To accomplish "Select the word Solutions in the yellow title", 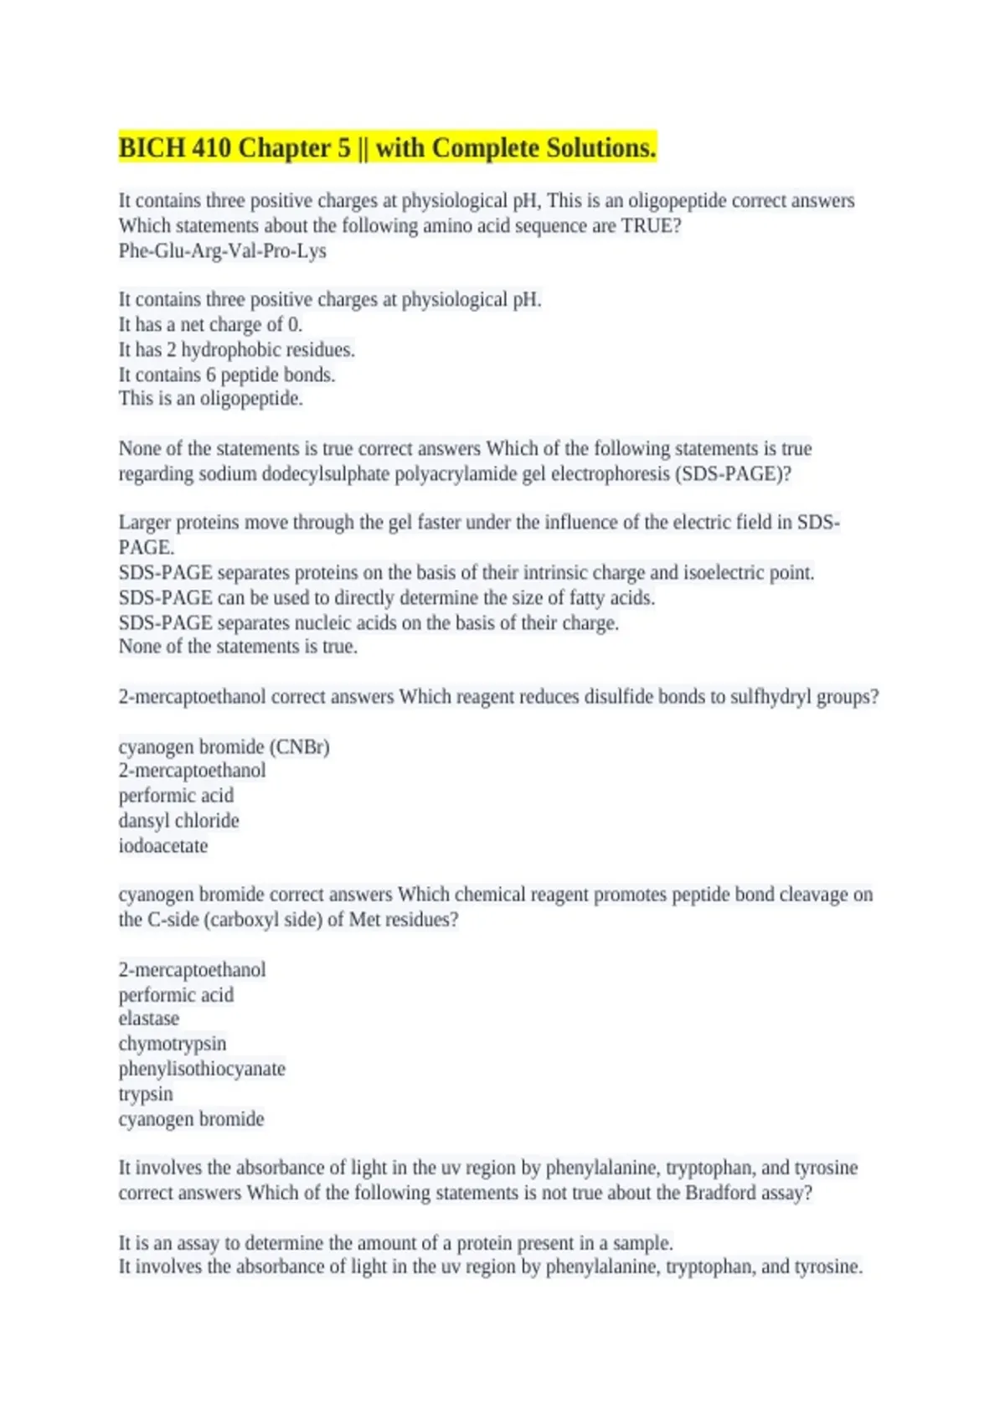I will (601, 148).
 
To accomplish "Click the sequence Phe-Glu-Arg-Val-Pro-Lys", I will (222, 250).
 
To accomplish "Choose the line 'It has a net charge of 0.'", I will (210, 324).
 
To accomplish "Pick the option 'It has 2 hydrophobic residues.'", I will (236, 349).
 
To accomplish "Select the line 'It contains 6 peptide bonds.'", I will (226, 374).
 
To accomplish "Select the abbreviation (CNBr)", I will (299, 746).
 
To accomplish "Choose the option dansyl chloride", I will (178, 820).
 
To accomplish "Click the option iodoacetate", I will (162, 845).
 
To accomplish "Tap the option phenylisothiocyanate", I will (202, 1068).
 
